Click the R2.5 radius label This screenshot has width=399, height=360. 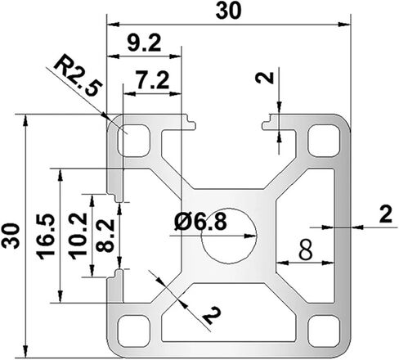click(x=78, y=75)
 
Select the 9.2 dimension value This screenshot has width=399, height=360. click(x=144, y=43)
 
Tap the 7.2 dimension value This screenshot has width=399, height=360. click(x=153, y=80)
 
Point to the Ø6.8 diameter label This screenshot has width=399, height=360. click(x=200, y=222)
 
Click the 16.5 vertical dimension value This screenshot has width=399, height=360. click(x=46, y=236)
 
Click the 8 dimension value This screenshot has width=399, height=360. click(x=305, y=250)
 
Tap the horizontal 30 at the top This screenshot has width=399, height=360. click(x=228, y=11)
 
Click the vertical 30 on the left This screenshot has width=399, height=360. click(x=11, y=236)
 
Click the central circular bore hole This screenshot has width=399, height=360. click(x=229, y=236)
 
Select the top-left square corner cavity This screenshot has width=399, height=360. click(x=134, y=141)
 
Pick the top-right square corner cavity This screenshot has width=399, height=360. click(x=324, y=141)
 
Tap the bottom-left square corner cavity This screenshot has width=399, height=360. click(x=134, y=331)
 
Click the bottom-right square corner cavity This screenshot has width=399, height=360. click(x=324, y=331)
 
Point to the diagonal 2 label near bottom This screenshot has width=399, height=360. click(x=212, y=315)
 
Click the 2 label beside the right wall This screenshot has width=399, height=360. click(x=385, y=214)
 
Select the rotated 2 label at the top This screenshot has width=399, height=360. click(x=264, y=78)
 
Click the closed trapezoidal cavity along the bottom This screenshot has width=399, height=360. click(x=229, y=313)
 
